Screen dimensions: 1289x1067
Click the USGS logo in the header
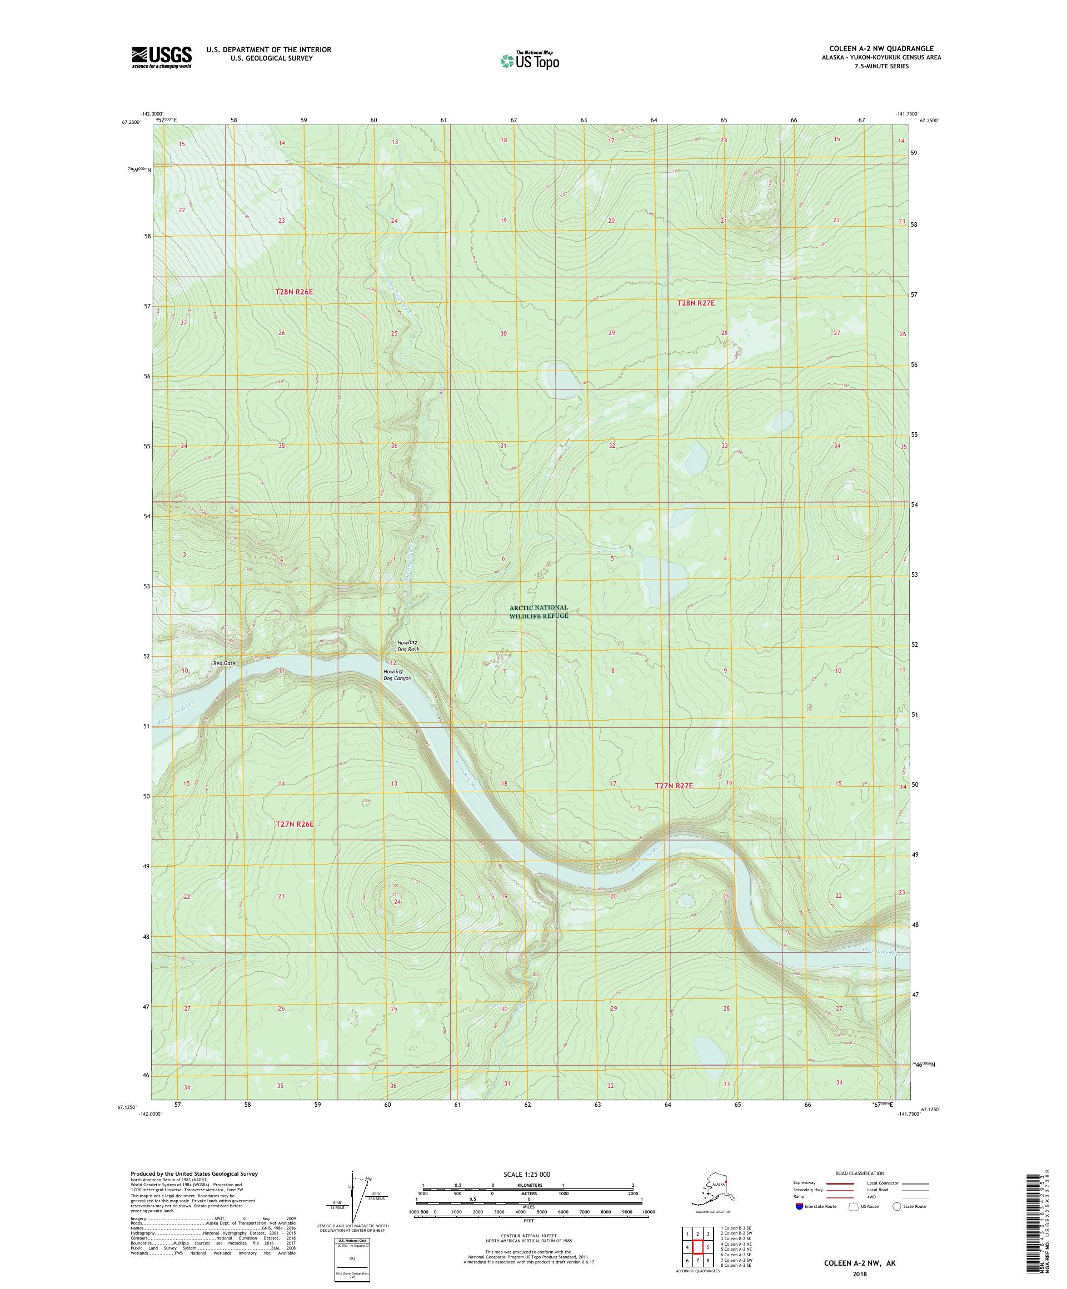pos(161,58)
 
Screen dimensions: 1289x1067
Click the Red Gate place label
pos(224,663)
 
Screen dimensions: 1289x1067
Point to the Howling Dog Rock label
pos(408,646)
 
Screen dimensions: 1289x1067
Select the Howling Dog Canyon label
pos(397,675)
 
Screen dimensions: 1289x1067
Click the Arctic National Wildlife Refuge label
pos(539,611)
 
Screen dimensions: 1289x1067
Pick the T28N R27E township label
pos(696,303)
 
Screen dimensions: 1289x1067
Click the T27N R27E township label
pos(674,786)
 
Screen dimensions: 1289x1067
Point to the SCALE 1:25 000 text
pos(528,1173)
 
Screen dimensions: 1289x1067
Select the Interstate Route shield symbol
pos(799,1206)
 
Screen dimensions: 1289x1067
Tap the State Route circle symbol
pos(897,1206)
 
